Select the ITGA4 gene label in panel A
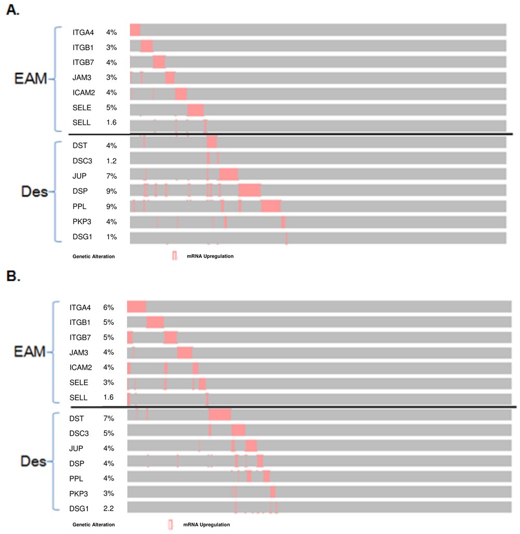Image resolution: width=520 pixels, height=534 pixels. tap(83, 32)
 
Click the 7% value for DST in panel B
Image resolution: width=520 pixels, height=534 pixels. tap(108, 418)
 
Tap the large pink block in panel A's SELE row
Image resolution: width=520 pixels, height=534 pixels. tap(196, 110)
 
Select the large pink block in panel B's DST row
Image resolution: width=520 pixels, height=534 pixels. tap(219, 414)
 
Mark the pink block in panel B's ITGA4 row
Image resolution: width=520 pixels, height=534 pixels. tap(136, 307)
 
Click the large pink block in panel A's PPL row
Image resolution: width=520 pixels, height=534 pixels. tap(271, 206)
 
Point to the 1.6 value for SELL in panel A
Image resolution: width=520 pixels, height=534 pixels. tap(111, 123)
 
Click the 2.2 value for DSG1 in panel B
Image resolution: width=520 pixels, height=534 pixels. tap(108, 509)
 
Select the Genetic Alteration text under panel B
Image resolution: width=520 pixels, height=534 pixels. tap(94, 525)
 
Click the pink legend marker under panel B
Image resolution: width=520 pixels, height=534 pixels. tap(170, 525)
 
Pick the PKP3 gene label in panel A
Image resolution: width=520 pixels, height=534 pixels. tap(82, 222)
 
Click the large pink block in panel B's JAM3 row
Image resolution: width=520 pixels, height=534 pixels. tap(185, 353)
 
